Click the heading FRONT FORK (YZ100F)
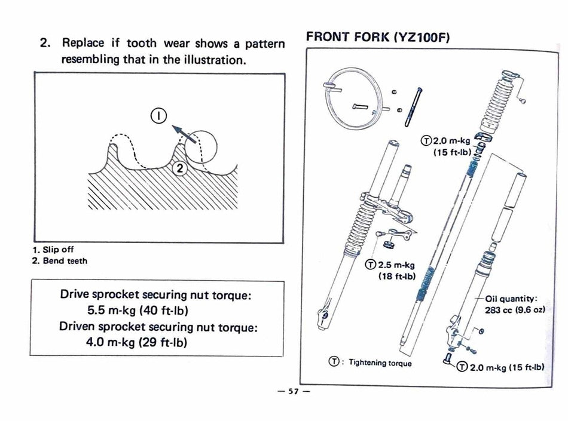coord(378,36)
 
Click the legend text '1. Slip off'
coord(53,250)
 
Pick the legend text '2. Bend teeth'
coord(59,260)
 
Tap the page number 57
coord(292,391)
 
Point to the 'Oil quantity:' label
coord(511,299)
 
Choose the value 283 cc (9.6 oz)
coord(514,310)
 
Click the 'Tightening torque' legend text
coord(380,362)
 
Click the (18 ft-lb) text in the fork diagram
coord(396,276)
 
